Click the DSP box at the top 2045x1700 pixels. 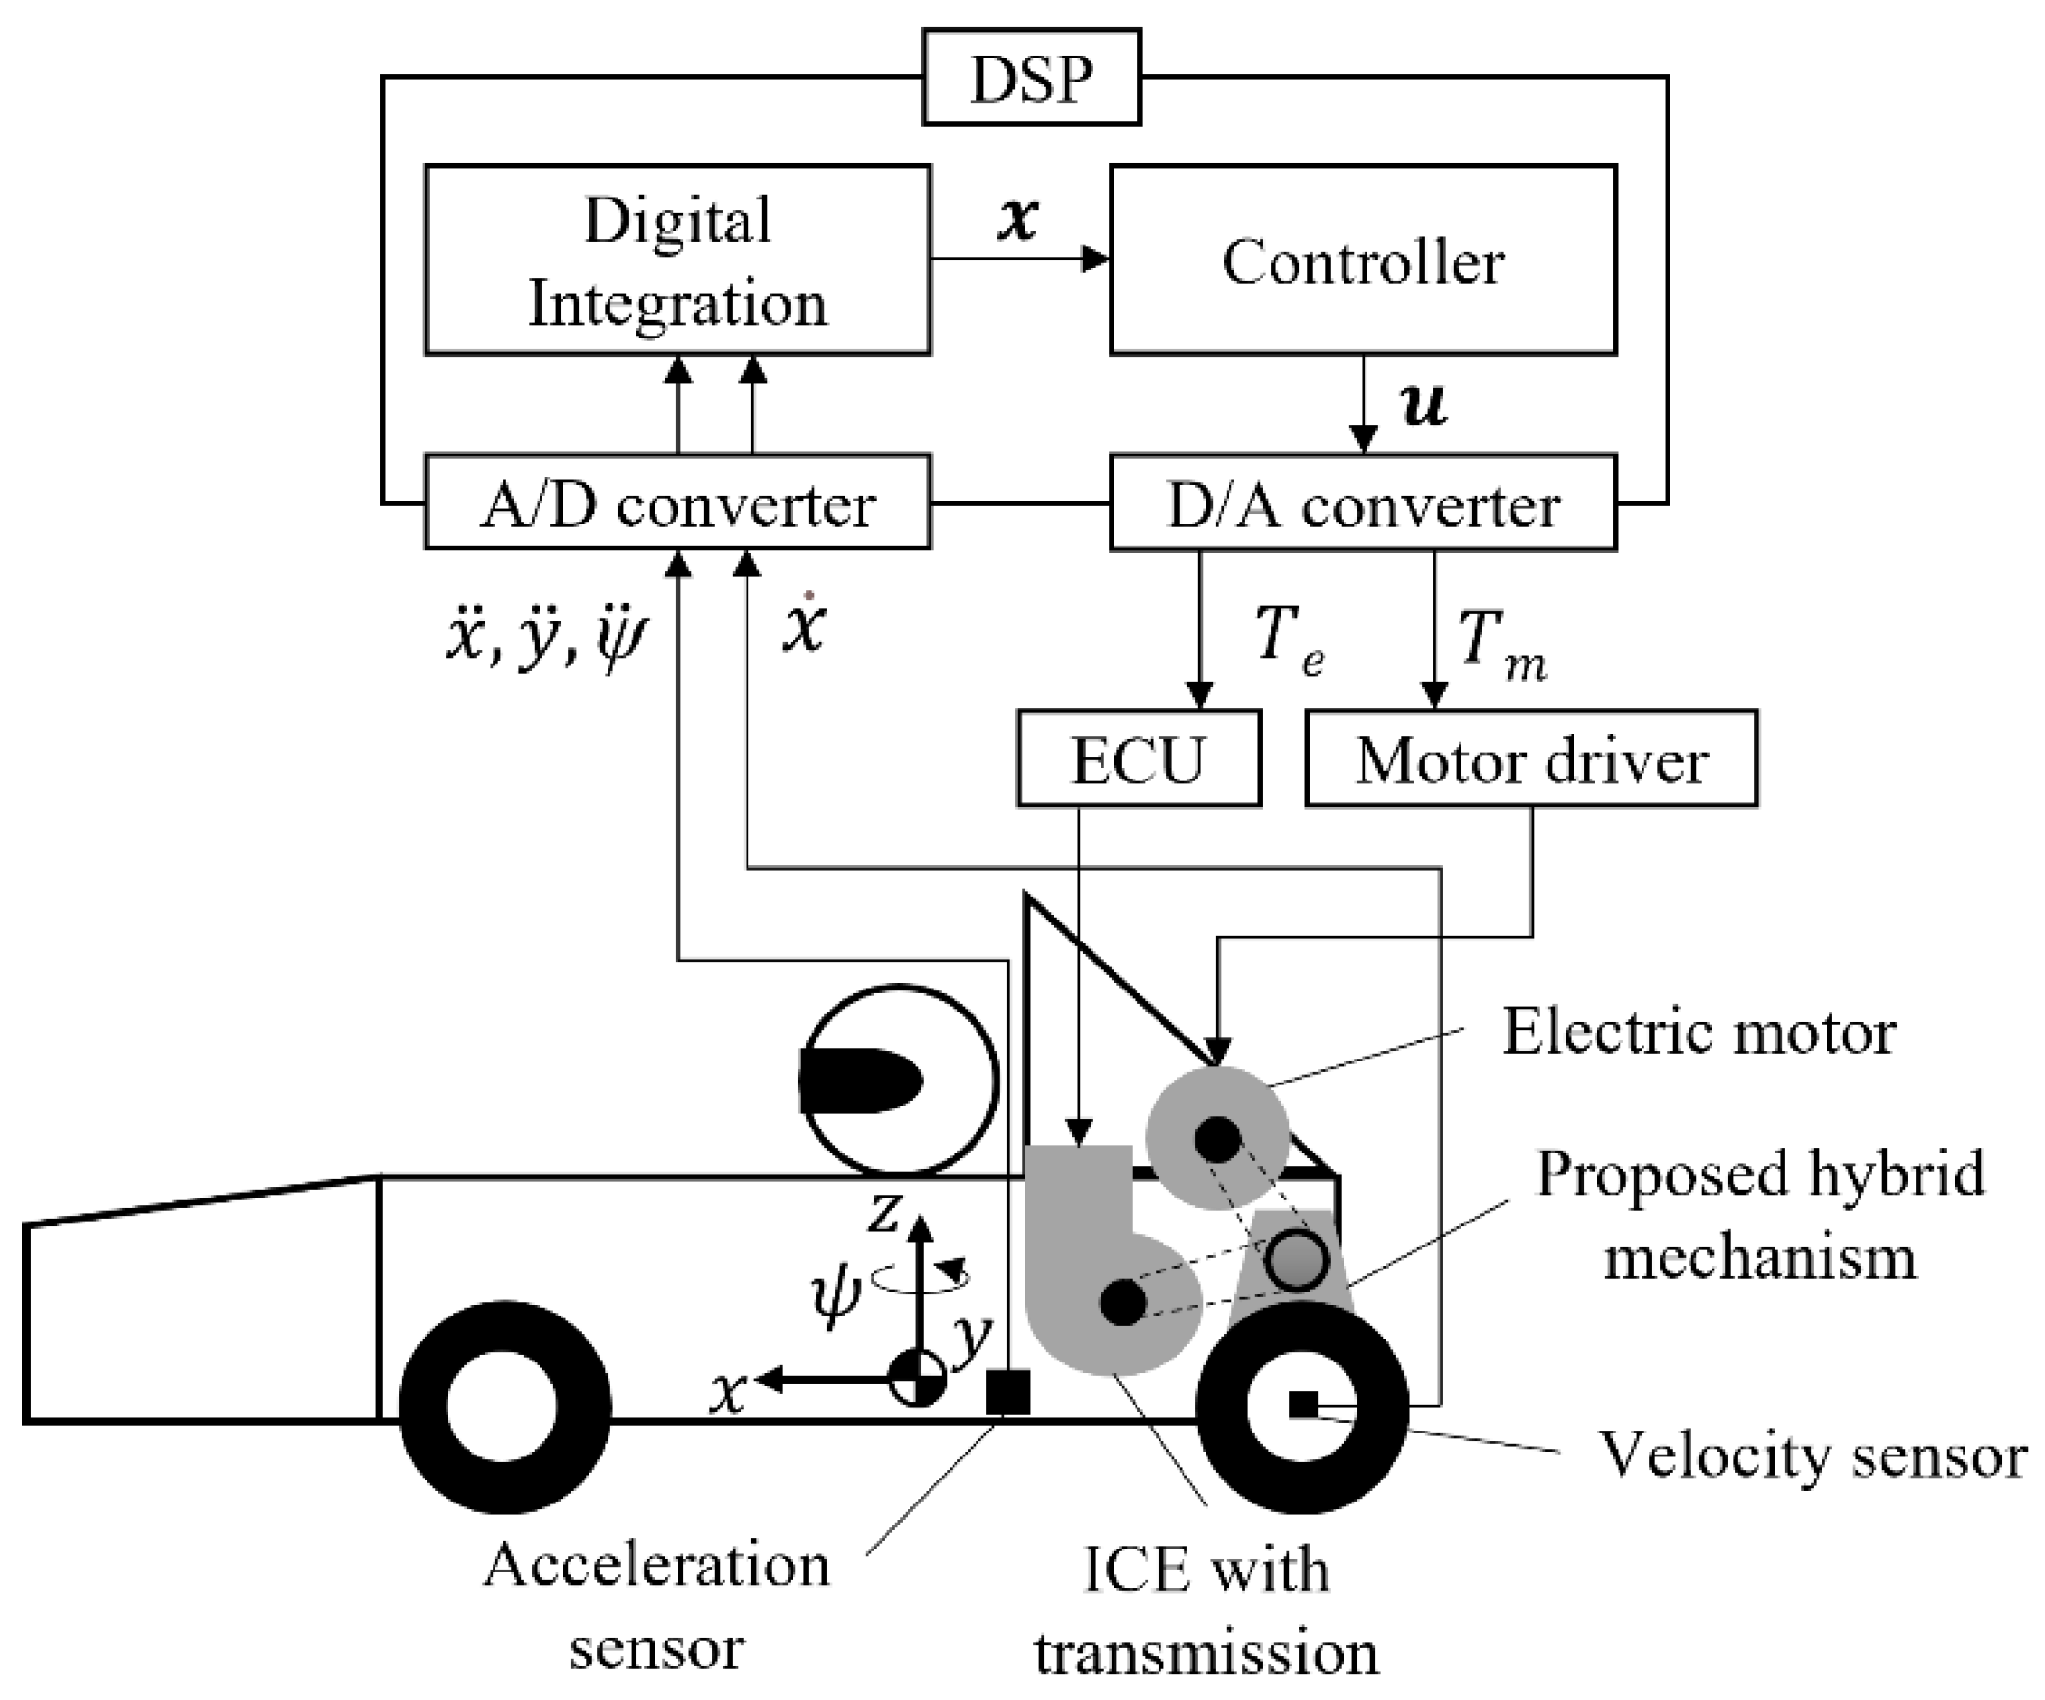coord(1030,77)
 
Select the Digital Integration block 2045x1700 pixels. coord(678,259)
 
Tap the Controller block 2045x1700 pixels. coord(1363,259)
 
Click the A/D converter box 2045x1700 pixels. coord(678,502)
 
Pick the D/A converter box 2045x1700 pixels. coord(1363,503)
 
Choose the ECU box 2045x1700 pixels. coord(1138,758)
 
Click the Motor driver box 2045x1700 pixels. coord(1530,758)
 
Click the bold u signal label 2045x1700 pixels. coord(1423,404)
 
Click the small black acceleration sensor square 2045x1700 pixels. coord(1008,1392)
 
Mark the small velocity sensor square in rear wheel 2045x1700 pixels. coord(1302,1404)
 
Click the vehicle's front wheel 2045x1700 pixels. coord(504,1407)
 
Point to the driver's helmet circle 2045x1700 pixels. coord(898,1080)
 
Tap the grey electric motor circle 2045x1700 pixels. coord(1217,1137)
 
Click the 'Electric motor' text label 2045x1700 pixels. coord(1698,1032)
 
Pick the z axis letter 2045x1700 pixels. coord(884,1214)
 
